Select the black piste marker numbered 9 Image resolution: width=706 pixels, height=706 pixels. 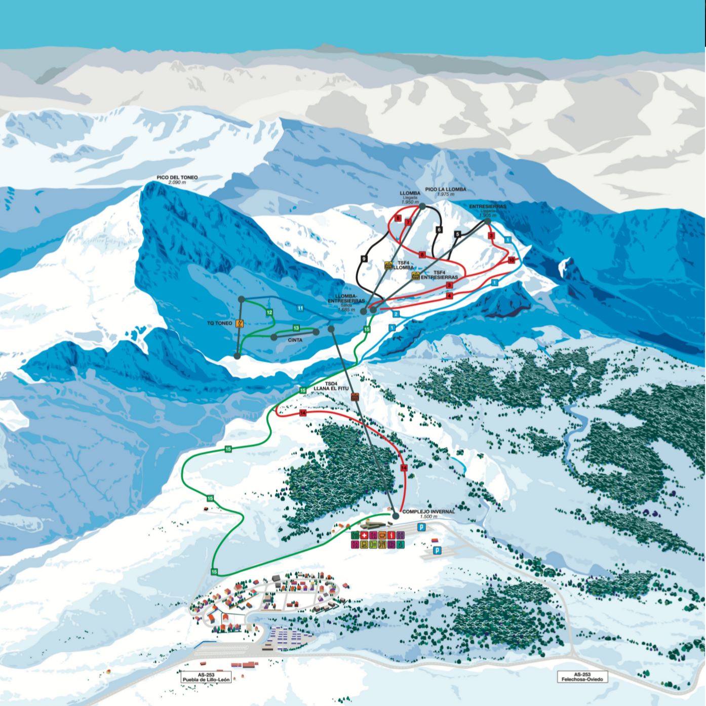[x=364, y=259]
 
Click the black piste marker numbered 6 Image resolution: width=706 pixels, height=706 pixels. [x=439, y=230]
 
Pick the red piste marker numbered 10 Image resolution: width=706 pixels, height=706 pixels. [x=512, y=260]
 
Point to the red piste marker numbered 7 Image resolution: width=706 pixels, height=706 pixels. [x=408, y=222]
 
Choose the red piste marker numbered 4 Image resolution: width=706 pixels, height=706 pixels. [x=449, y=296]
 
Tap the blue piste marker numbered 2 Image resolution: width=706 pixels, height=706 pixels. [x=396, y=314]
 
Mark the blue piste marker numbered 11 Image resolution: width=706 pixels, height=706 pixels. [x=300, y=308]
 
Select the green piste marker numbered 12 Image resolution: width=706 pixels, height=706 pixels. [x=269, y=312]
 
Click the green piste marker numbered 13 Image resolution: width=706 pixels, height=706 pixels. [x=296, y=328]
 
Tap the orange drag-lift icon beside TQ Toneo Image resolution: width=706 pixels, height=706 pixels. [x=240, y=323]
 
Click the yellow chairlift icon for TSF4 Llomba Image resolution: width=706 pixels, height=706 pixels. [x=388, y=265]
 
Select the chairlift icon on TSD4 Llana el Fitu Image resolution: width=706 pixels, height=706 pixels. [x=355, y=397]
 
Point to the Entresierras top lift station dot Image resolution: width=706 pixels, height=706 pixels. [x=487, y=221]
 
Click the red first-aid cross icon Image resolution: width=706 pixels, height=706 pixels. [x=364, y=535]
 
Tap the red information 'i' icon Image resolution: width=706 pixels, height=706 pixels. [x=391, y=535]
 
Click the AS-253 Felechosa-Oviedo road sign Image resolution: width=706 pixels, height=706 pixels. [x=582, y=677]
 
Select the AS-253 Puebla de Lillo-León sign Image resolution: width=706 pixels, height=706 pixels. [x=206, y=677]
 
